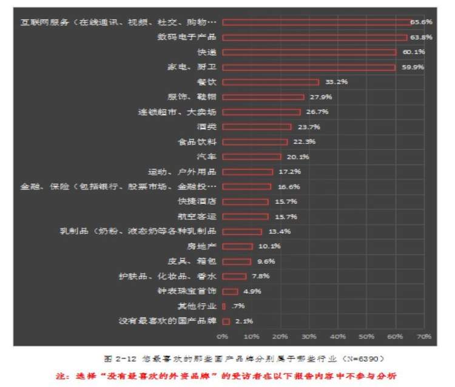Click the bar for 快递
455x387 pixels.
click(x=309, y=52)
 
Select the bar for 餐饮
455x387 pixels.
click(x=271, y=82)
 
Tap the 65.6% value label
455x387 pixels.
click(x=421, y=22)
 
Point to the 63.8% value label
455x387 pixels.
click(x=419, y=37)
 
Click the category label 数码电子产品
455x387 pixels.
click(x=187, y=37)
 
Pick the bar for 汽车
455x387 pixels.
click(x=252, y=156)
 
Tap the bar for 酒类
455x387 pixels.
click(x=257, y=127)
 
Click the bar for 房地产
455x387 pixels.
click(x=237, y=246)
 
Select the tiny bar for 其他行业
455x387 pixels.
click(x=224, y=306)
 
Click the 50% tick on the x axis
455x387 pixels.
click(x=366, y=335)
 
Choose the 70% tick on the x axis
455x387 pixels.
click(x=424, y=335)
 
